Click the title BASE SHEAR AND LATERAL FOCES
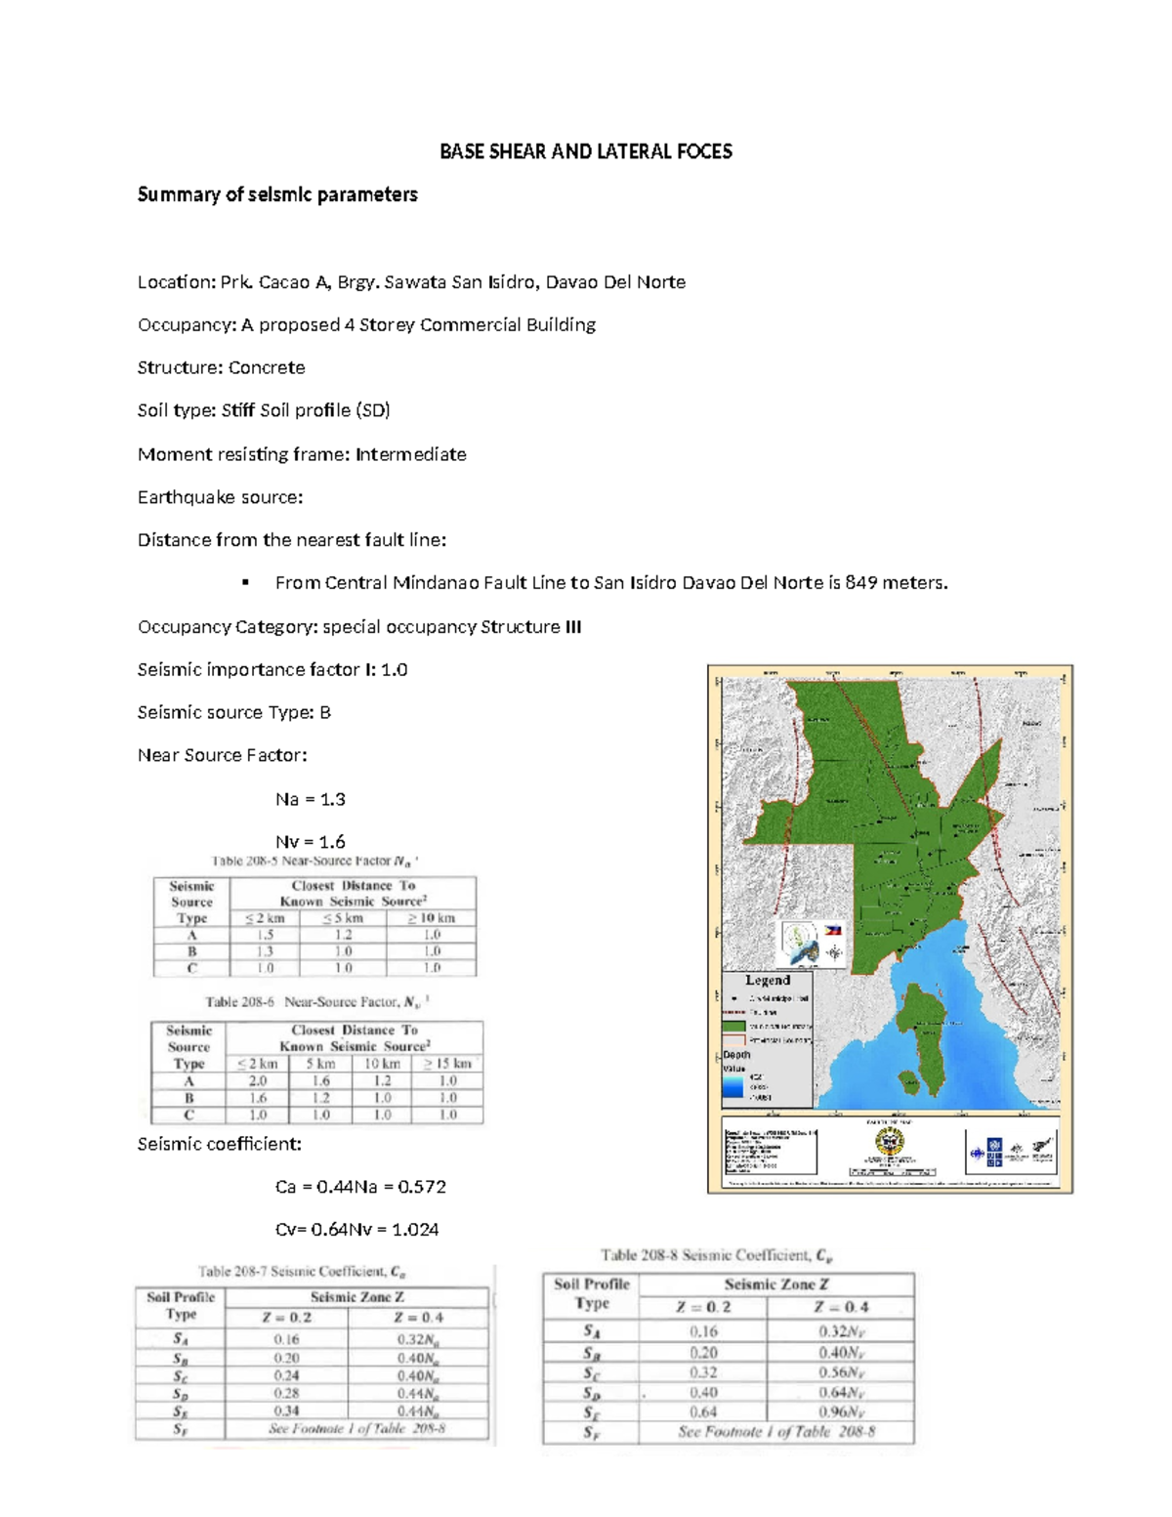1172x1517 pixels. (585, 151)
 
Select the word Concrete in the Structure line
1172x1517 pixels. (267, 367)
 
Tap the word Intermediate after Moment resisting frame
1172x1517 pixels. (410, 454)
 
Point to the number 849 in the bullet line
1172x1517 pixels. (860, 583)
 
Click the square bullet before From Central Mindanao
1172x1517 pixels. (245, 583)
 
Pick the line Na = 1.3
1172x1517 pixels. (310, 799)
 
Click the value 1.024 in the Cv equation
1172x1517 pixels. (414, 1230)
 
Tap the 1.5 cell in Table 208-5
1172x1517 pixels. (265, 935)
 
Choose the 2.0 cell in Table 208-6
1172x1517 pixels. (258, 1081)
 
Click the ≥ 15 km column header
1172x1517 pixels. (447, 1064)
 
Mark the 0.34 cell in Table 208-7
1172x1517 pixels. (287, 1411)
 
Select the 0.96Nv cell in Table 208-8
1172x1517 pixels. (841, 1412)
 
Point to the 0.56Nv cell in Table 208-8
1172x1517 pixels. (841, 1373)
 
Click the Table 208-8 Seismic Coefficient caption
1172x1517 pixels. (716, 1255)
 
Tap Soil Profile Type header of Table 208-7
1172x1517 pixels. (181, 1305)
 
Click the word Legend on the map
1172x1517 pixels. (768, 980)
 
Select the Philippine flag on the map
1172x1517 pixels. (833, 931)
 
